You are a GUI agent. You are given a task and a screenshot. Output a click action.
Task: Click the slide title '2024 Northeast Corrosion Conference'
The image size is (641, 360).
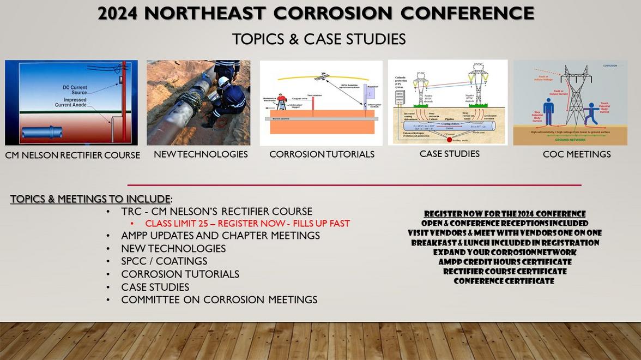point(316,14)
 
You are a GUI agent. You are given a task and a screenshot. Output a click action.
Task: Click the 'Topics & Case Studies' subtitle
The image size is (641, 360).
point(318,39)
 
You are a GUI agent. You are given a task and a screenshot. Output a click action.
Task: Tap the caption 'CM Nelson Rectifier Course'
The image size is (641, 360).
point(72,155)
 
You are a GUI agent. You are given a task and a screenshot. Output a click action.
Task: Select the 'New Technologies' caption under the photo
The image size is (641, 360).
point(201,154)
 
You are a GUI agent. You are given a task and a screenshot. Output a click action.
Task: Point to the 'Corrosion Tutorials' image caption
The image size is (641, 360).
point(322,154)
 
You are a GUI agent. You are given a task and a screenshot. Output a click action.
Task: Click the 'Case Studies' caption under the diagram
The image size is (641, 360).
point(449,154)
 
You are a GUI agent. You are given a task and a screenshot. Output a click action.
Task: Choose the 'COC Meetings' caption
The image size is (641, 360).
point(576,154)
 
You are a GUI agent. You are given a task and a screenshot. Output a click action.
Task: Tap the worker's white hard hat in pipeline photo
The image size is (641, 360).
point(223,82)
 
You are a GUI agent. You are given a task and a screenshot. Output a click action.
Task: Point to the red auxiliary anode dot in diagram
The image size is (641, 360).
point(449,140)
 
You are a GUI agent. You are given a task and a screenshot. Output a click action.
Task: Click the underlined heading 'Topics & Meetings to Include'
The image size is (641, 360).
point(90,199)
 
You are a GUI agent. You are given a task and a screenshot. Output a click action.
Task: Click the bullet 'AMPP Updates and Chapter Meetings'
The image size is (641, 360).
point(220,236)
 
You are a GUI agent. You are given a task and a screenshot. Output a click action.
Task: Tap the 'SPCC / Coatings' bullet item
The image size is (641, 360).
point(164,261)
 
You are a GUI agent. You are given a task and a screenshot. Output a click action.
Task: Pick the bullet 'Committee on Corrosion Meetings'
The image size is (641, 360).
point(219,299)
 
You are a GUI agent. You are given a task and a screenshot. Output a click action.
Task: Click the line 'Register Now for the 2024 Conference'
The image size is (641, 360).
point(504,214)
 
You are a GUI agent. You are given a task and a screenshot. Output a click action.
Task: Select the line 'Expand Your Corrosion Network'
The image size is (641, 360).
point(504,253)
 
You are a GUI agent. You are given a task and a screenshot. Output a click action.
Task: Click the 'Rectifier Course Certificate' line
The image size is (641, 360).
point(504,272)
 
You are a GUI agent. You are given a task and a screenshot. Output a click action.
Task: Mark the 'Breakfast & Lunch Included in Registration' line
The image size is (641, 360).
point(504,243)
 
